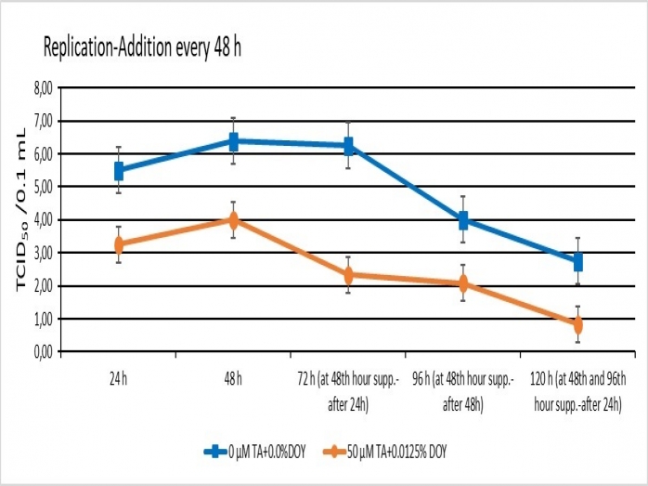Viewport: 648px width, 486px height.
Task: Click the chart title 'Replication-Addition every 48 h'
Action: tap(143, 48)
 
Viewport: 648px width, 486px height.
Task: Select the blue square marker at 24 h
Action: tap(119, 171)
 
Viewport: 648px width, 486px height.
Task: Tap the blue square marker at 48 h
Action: tap(234, 141)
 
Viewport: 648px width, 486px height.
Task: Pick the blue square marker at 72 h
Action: tap(348, 146)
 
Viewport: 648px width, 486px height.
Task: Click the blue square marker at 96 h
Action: tap(463, 220)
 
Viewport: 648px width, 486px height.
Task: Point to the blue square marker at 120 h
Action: tap(578, 262)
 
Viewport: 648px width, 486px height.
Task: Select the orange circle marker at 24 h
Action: tap(119, 245)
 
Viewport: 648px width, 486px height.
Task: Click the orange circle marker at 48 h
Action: tap(234, 220)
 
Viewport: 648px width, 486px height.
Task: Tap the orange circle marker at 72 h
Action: tap(348, 275)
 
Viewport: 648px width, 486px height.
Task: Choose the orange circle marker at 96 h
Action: tap(463, 283)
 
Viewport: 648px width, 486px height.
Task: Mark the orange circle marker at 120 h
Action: tap(578, 324)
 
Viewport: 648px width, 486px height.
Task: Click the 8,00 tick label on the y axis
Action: tap(44, 88)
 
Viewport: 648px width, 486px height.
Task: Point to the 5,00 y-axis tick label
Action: tap(44, 187)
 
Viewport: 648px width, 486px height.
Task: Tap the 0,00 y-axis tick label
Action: tap(44, 352)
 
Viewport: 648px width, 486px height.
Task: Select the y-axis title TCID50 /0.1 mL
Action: tap(21, 210)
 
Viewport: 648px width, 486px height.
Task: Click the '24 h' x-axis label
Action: tap(119, 379)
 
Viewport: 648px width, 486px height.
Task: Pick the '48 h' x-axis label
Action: tap(234, 379)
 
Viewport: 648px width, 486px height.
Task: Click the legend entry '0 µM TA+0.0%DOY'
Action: tap(254, 452)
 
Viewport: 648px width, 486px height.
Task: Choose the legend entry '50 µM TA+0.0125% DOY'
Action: tap(384, 452)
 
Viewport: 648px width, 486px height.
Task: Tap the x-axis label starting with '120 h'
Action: tap(578, 392)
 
